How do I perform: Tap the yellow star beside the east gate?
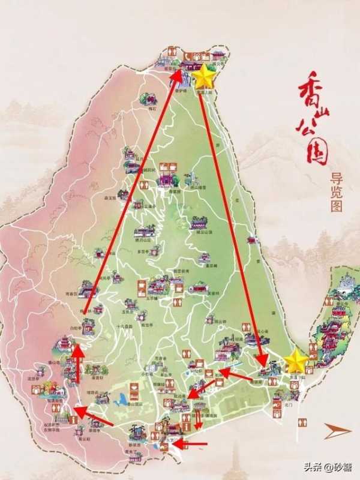[x=296, y=361]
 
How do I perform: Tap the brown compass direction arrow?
[x=337, y=430]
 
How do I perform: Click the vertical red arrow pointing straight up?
[x=77, y=363]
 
